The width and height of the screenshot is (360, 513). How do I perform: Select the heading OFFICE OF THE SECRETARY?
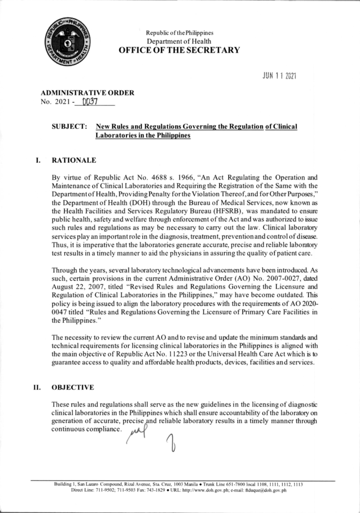[179, 50]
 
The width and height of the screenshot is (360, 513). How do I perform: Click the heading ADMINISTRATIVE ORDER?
[87, 93]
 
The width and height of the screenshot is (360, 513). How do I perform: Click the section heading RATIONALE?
[74, 160]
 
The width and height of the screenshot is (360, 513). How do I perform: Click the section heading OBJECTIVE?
[73, 387]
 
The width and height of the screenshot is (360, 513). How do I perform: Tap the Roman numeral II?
[37, 387]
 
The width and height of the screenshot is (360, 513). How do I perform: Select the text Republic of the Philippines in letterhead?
[179, 33]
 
